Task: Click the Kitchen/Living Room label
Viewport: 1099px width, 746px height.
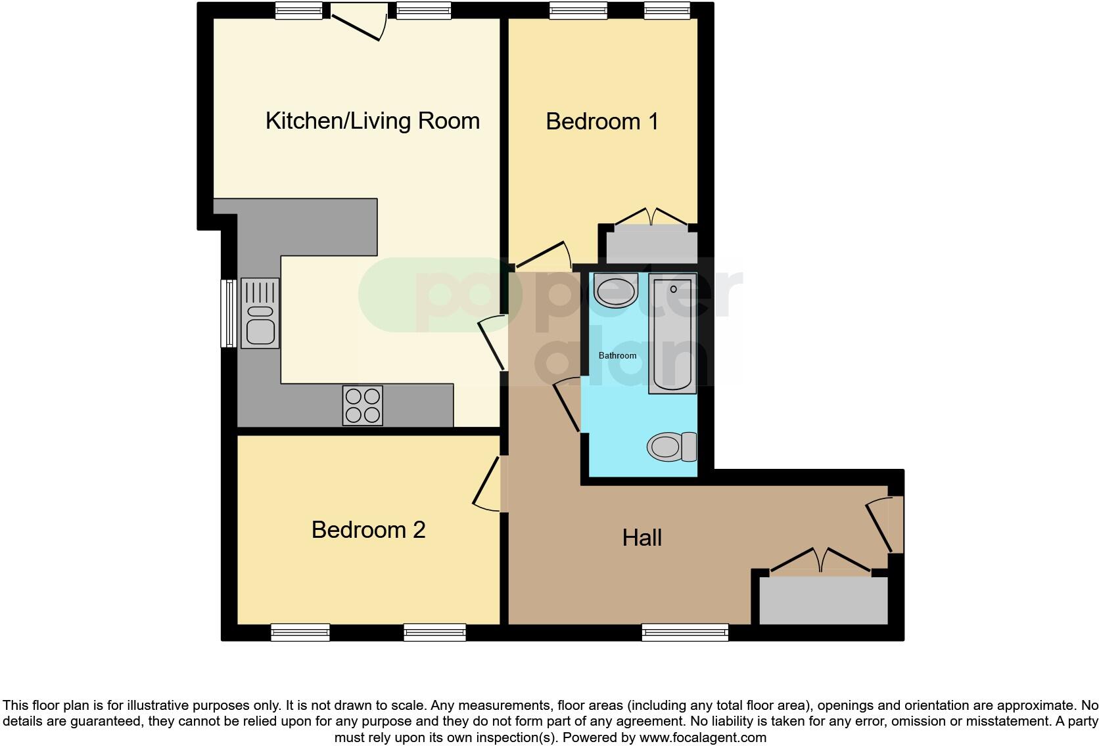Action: coord(372,121)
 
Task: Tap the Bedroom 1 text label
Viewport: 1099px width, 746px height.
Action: coord(601,121)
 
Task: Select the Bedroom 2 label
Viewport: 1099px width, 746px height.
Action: coord(368,529)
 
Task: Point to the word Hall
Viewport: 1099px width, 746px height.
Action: coord(642,538)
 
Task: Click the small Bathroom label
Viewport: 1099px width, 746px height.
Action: coord(617,355)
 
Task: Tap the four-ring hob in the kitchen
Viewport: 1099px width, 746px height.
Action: coord(362,405)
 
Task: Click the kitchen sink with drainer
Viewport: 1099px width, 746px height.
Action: coord(260,313)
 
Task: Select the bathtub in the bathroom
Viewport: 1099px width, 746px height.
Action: coord(672,333)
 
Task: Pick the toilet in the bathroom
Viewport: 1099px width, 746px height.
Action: coord(671,447)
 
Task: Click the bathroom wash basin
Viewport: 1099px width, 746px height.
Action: coord(615,290)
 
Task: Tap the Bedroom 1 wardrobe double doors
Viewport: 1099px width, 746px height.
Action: coord(651,217)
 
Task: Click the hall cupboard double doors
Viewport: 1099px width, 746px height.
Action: coord(821,560)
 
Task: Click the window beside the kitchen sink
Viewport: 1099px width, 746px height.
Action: coord(228,313)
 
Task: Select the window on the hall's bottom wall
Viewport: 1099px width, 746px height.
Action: coord(685,632)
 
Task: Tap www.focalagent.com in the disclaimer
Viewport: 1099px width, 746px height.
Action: coord(702,737)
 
